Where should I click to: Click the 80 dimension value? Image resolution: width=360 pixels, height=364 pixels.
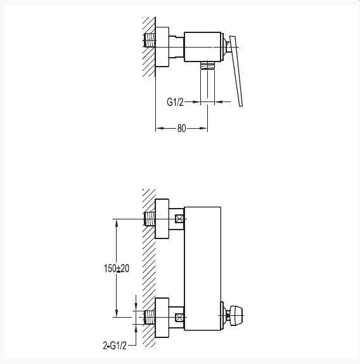coord(182,128)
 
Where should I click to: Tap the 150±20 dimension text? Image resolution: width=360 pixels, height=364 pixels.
coord(117,268)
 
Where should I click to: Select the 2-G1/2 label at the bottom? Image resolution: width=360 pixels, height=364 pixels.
coord(115,346)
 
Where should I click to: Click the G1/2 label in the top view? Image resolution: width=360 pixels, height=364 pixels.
coord(175,102)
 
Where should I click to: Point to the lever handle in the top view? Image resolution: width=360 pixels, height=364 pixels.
coord(236,71)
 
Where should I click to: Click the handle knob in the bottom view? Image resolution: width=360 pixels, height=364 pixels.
coord(235,315)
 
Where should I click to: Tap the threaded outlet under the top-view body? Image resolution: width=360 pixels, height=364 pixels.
coord(208,65)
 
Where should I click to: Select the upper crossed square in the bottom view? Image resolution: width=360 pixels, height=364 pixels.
coord(179,219)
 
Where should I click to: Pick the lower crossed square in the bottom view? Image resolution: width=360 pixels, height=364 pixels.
coord(179,317)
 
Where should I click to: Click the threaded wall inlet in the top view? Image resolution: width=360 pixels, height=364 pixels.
coord(150,40)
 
